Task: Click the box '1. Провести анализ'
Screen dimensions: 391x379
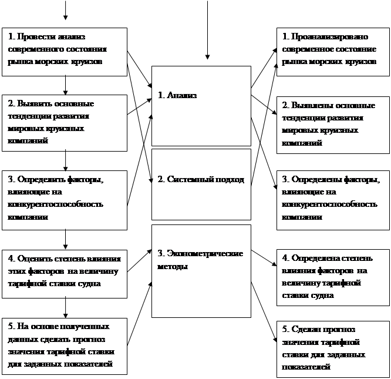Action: click(65, 52)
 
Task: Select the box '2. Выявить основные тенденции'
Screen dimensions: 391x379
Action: click(65, 123)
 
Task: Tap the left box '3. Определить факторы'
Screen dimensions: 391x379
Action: click(65, 200)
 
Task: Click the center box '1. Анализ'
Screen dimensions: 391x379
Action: click(201, 105)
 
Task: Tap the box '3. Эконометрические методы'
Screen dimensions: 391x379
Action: click(201, 270)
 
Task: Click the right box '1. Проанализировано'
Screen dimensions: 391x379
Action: click(333, 52)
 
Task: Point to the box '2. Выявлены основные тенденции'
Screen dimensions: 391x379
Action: click(333, 124)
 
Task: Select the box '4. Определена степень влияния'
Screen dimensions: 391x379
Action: click(333, 276)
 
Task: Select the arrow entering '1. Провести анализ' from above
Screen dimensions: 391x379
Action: click(65, 12)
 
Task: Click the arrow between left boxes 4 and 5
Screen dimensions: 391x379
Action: click(65, 308)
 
